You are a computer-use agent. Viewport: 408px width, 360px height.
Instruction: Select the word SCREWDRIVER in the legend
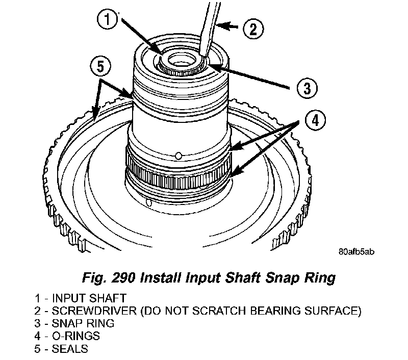click(83, 310)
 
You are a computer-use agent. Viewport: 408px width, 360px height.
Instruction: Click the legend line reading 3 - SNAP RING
click(75, 323)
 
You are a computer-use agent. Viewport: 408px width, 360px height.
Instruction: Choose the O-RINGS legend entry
click(75, 336)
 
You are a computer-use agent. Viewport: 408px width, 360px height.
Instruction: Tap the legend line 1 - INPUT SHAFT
click(82, 297)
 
